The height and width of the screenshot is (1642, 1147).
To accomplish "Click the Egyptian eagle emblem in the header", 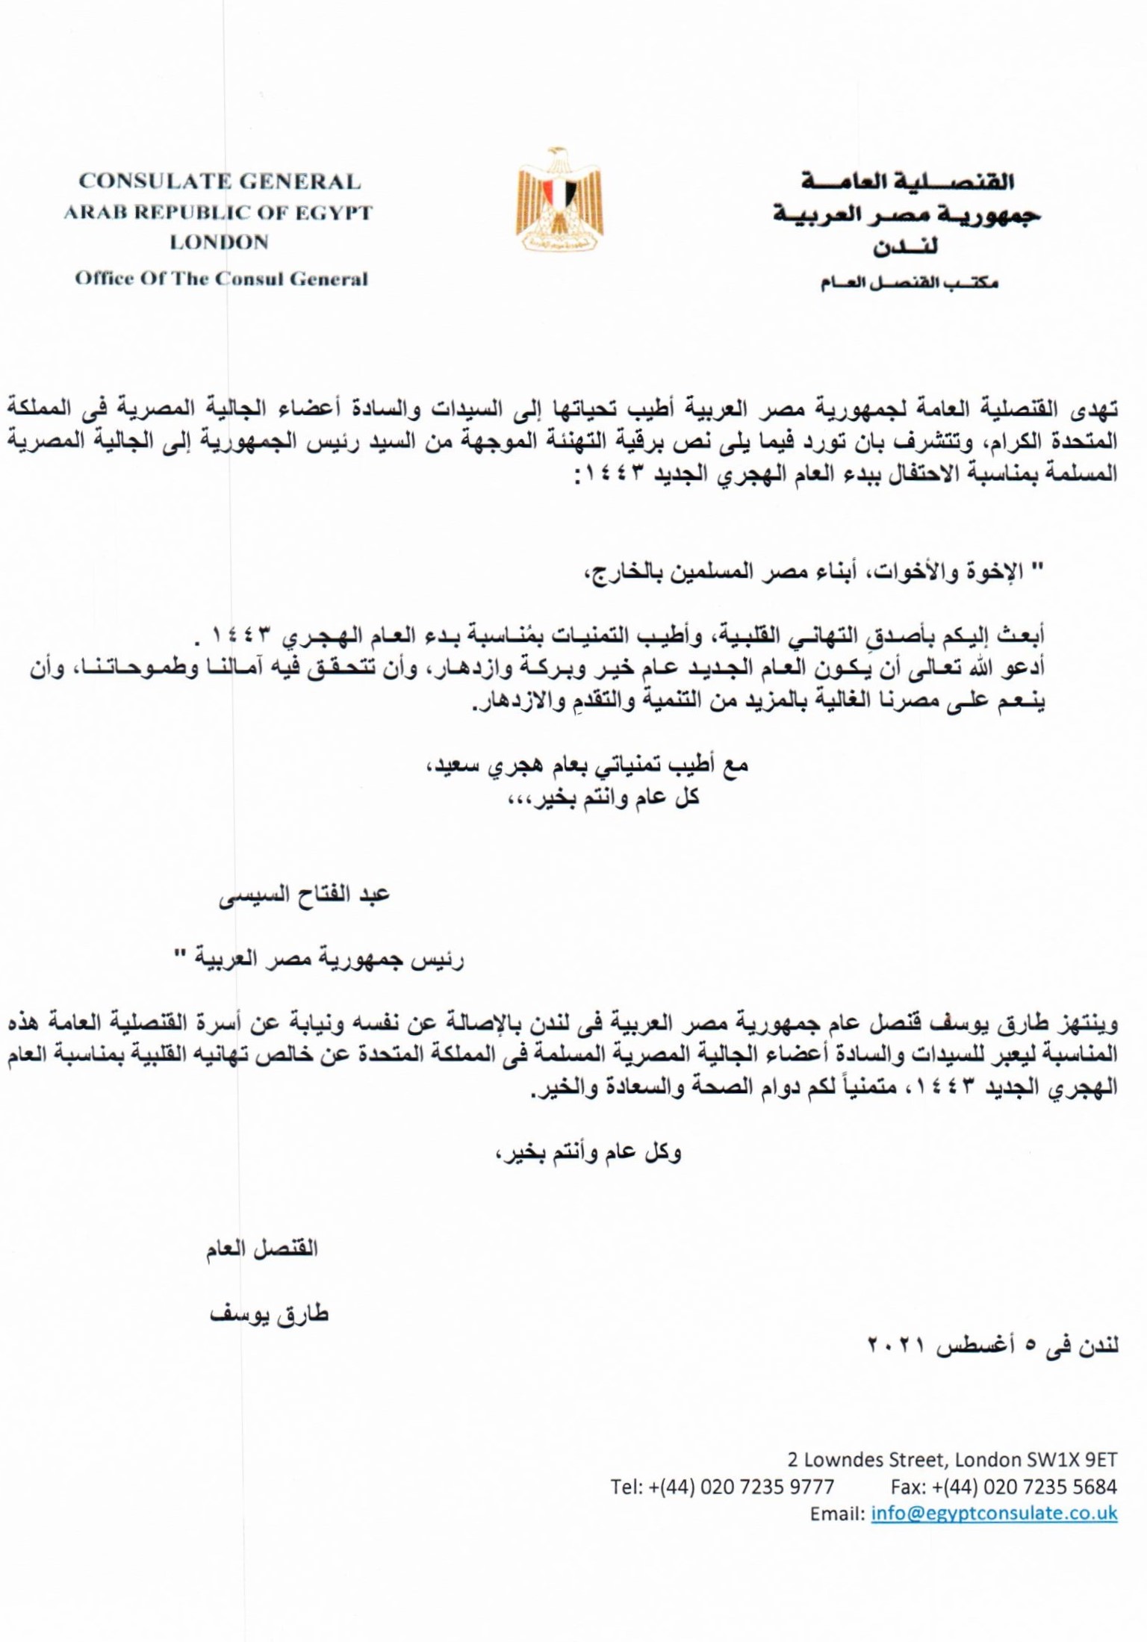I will coord(559,199).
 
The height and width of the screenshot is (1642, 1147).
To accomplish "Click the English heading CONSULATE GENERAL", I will coord(220,181).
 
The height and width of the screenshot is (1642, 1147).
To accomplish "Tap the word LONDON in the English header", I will coord(219,243).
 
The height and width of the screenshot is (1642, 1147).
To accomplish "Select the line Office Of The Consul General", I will coord(221,279).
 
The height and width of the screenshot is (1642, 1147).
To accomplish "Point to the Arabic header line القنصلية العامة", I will coord(907,181).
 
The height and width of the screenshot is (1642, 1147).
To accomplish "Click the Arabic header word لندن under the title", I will coord(906,247).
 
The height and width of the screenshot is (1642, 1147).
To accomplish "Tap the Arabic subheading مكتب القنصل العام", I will coord(909,284).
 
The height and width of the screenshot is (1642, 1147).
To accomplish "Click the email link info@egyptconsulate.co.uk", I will coord(994,1514).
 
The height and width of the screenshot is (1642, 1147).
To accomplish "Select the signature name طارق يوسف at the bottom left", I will coord(269,1315).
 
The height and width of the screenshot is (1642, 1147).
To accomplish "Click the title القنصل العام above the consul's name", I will coord(262,1248).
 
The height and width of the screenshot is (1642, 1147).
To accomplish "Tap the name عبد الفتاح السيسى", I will coord(304,895).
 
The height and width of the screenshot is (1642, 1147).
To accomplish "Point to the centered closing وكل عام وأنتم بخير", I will coord(588,1152).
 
